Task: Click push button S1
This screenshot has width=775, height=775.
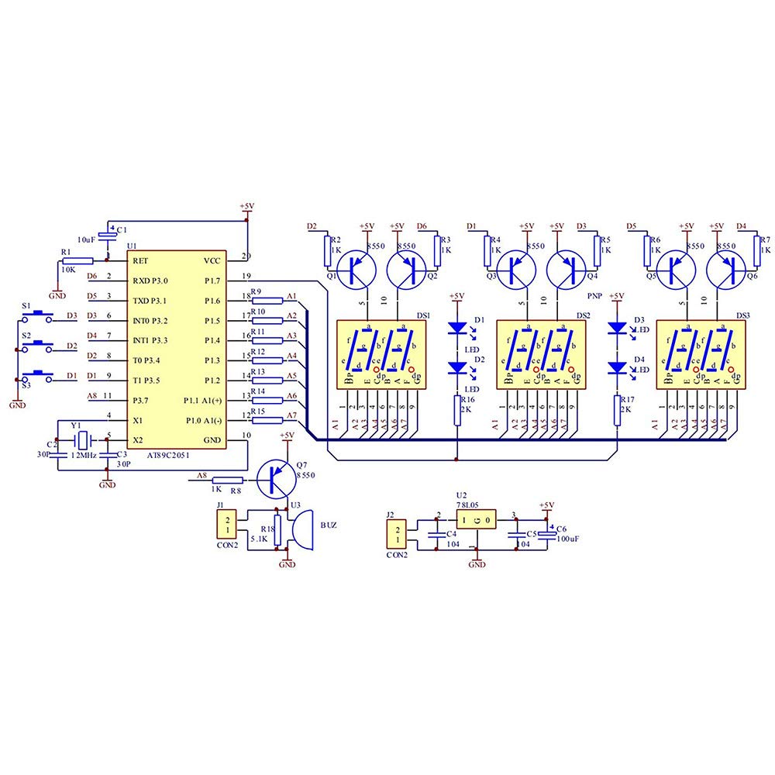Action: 39,316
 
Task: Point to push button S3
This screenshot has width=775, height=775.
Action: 39,376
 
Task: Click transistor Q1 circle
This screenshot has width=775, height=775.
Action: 357,267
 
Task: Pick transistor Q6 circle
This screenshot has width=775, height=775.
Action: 726,267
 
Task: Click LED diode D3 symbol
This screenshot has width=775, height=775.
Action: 618,328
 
